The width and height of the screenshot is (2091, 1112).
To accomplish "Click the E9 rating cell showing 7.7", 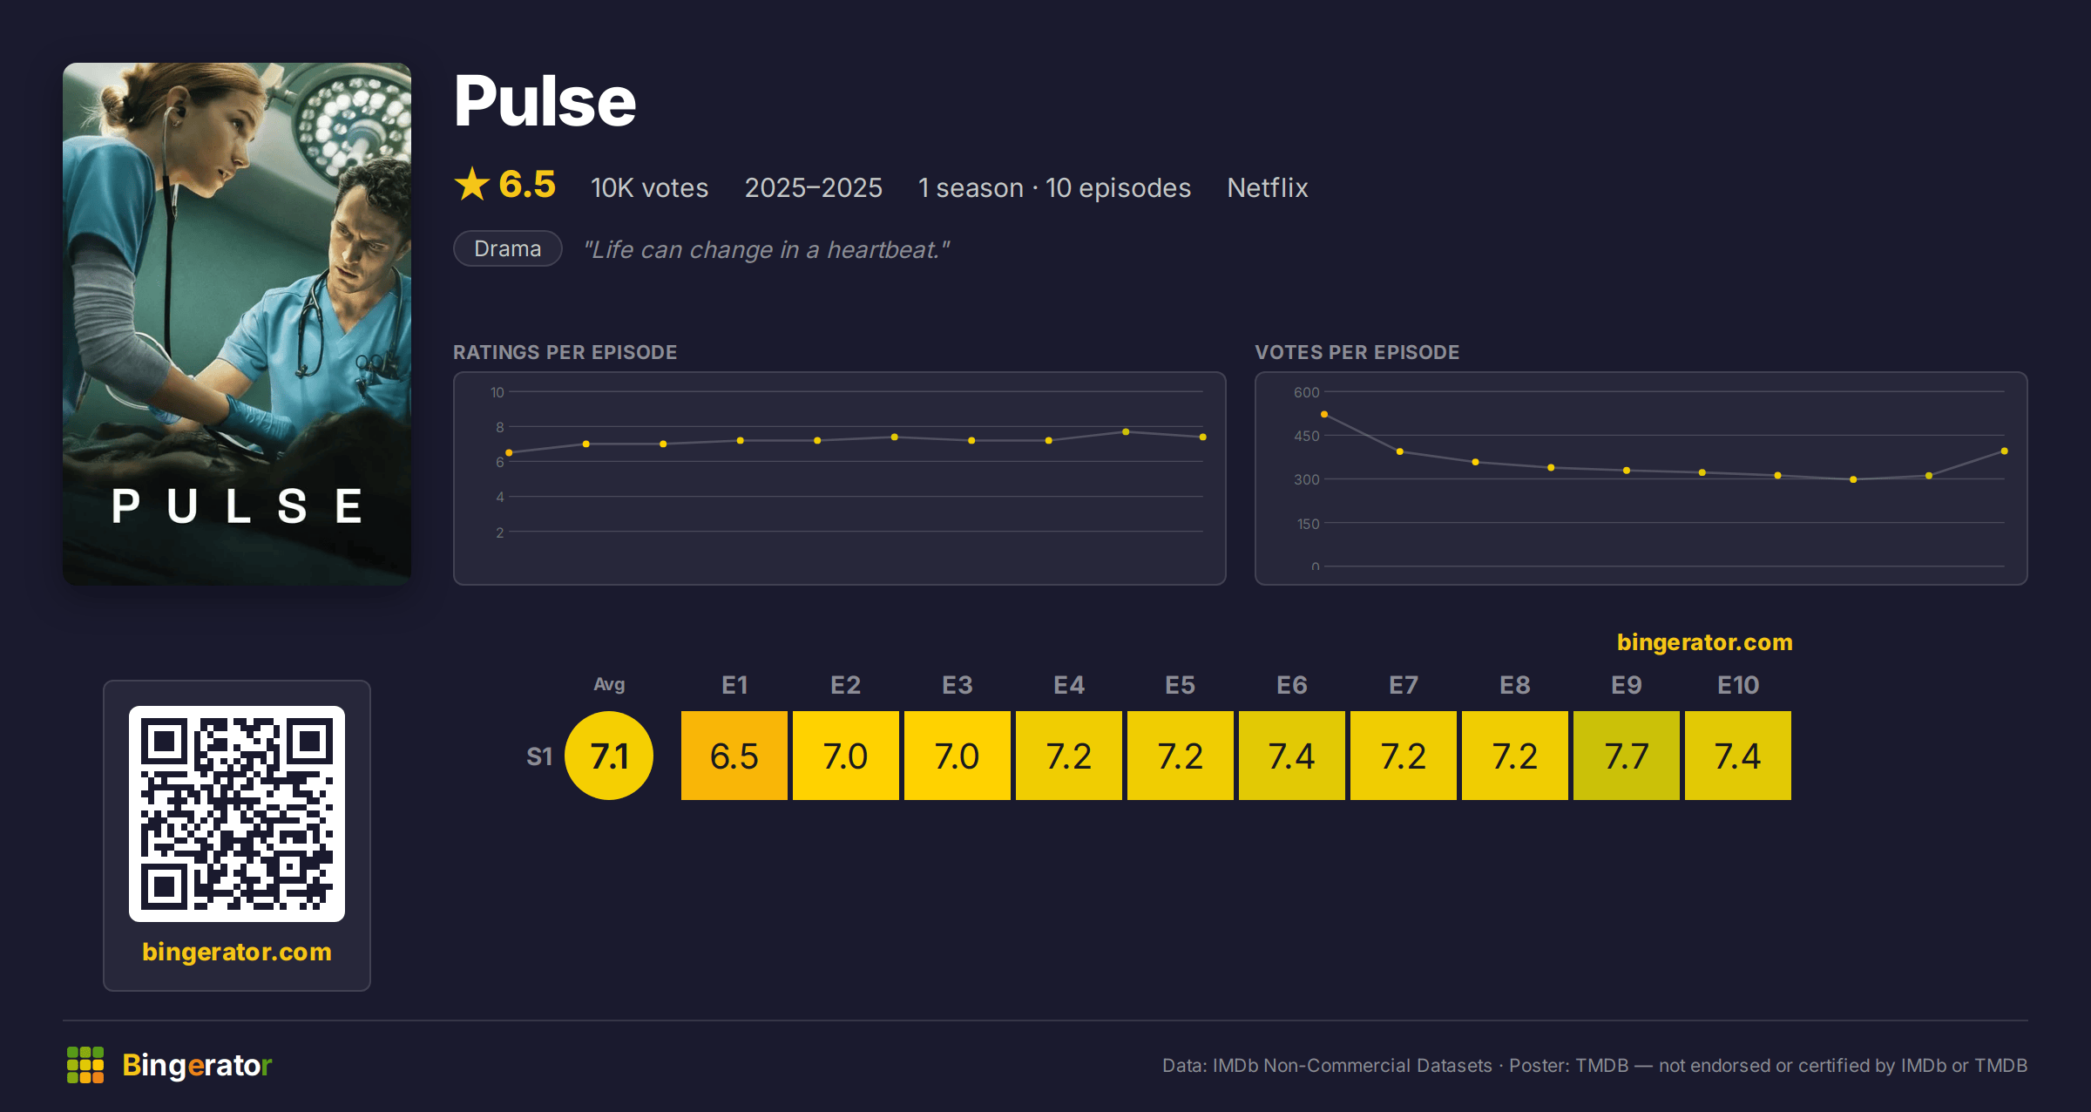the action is (x=1627, y=756).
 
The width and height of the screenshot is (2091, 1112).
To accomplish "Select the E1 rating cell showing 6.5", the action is (x=734, y=756).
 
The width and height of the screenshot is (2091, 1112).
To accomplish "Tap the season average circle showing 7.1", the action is (x=609, y=756).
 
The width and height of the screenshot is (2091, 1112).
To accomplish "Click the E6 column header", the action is (x=1292, y=685).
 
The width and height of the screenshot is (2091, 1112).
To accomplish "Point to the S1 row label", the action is (x=539, y=756).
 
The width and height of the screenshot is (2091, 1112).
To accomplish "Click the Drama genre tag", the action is (x=508, y=248).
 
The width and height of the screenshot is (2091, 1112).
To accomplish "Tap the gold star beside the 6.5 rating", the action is (x=472, y=184).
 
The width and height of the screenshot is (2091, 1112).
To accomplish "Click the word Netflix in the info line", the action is (x=1268, y=187).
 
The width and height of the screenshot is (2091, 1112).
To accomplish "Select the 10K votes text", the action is (x=649, y=187).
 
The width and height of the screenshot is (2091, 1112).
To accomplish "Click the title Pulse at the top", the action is (x=545, y=101).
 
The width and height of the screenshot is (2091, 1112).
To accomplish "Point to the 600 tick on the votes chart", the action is (x=1306, y=392).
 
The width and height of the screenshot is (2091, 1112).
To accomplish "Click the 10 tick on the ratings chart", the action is (x=497, y=392).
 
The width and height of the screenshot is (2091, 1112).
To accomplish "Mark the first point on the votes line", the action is (x=1324, y=414).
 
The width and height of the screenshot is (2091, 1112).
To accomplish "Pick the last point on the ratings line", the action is (x=1203, y=437).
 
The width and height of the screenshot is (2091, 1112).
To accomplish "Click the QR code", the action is (x=237, y=813).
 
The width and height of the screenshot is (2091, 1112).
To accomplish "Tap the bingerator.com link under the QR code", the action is (x=237, y=952).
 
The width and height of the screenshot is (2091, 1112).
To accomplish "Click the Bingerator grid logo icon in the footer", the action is (x=85, y=1065).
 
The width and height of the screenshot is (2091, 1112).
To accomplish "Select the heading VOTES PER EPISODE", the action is (x=1357, y=352).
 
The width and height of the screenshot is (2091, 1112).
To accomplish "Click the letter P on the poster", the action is (x=125, y=506).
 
